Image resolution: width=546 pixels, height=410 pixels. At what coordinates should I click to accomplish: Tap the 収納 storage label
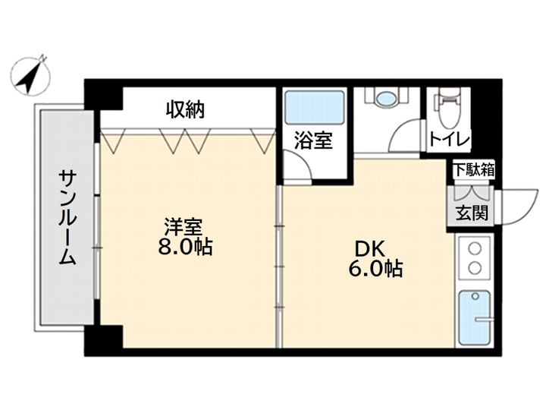pos(185,109)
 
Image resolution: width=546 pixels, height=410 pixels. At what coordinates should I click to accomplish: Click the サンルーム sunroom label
pos(67,218)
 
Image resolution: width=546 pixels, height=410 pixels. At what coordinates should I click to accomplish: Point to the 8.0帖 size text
pos(185,247)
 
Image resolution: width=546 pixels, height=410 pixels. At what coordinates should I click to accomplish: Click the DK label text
pos(369,249)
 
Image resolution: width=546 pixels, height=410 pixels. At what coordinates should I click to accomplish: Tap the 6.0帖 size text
pos(375,269)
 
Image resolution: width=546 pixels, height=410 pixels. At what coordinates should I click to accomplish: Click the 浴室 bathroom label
pos(313,140)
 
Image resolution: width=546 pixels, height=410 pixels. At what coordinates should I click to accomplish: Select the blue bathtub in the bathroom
pos(314,108)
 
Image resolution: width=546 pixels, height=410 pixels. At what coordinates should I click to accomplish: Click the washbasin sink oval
pos(387,96)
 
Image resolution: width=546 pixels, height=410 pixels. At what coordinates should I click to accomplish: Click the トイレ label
pos(450,140)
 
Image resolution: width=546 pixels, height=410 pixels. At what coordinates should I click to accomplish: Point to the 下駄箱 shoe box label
pos(474,170)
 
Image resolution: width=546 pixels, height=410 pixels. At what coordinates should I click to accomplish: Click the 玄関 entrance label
pos(472,213)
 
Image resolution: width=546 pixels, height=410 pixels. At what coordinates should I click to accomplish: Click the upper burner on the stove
pos(475,249)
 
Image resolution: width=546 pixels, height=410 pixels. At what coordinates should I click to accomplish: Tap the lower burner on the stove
pos(475,268)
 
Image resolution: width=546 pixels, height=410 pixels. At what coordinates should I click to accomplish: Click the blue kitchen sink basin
pos(474,318)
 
